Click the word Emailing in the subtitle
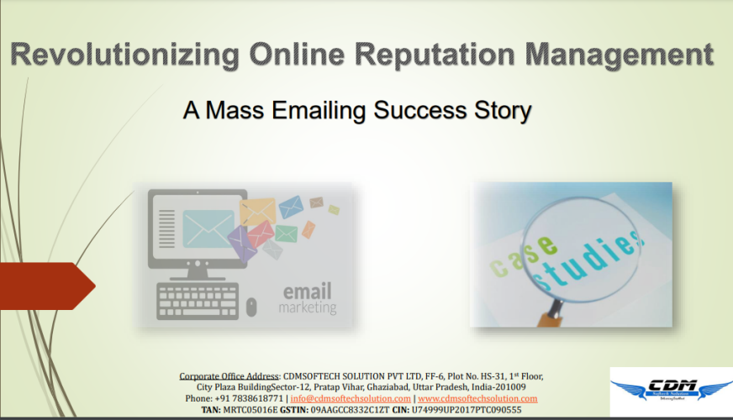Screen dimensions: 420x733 click(324, 110)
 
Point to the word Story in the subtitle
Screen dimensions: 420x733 click(502, 110)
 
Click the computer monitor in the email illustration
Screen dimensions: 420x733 click(196, 227)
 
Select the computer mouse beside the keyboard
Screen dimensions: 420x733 click(251, 306)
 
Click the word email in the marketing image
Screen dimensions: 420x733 click(307, 292)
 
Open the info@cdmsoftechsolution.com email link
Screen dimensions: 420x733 click(351, 398)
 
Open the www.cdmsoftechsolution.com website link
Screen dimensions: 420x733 click(477, 398)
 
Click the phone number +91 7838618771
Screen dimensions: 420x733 click(249, 398)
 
